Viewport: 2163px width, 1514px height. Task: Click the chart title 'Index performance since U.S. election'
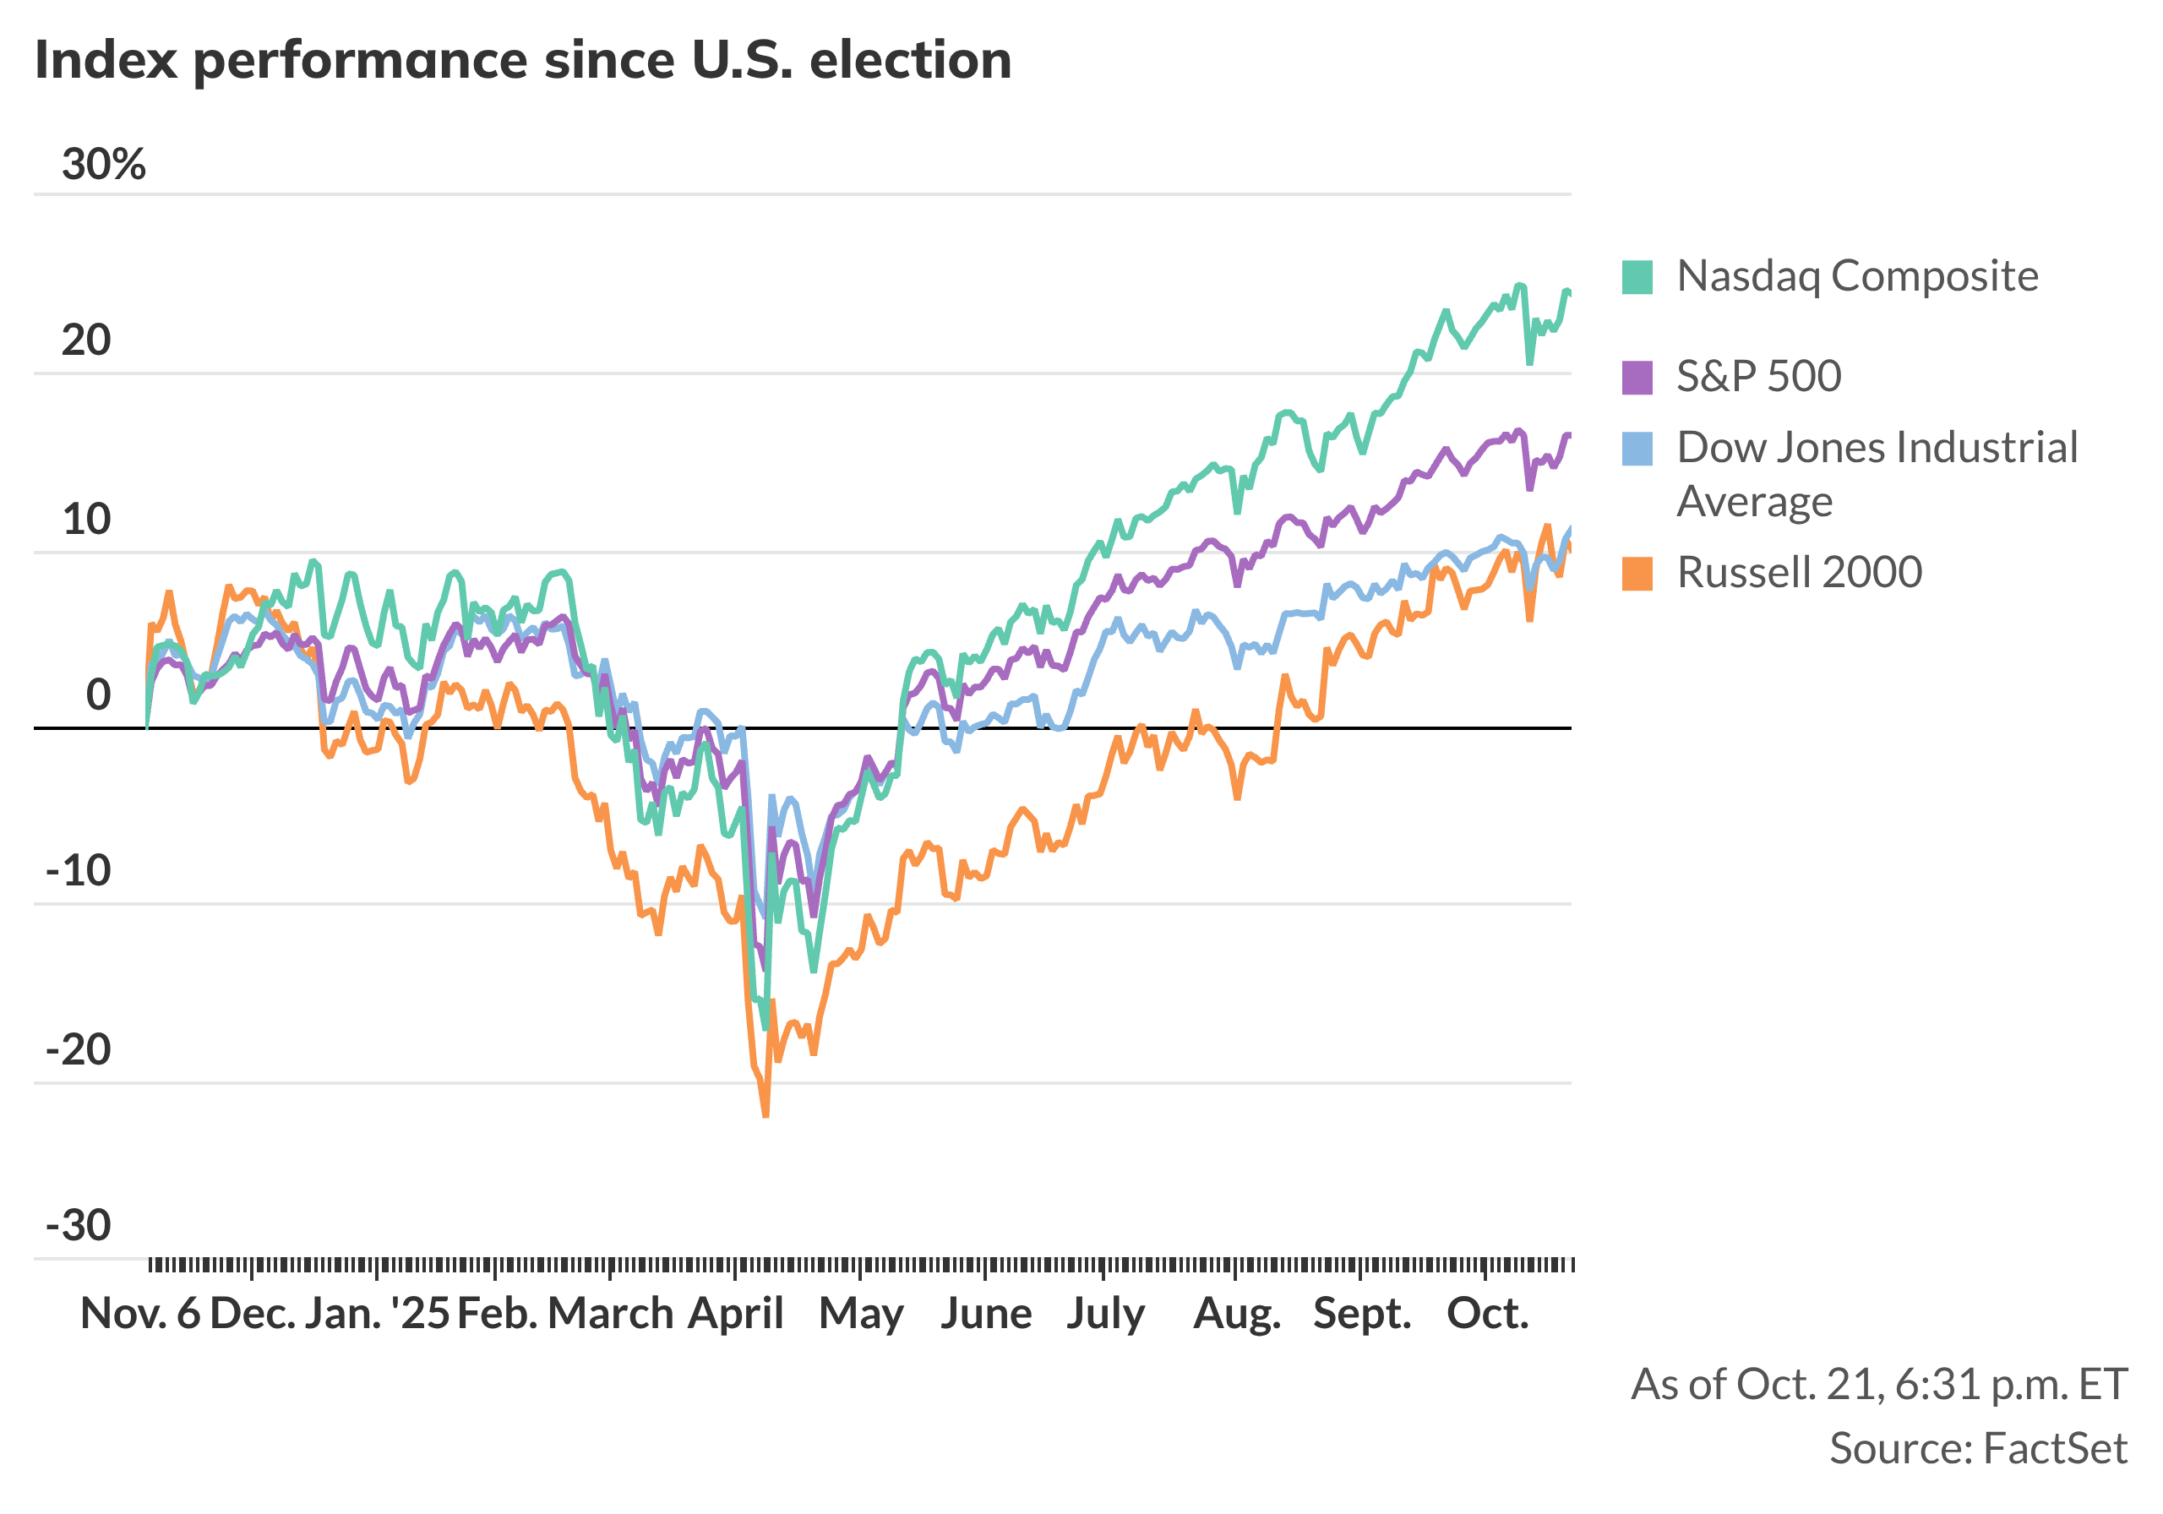523,60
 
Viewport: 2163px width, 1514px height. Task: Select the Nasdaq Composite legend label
1856,276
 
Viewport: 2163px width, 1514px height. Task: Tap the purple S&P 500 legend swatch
1637,377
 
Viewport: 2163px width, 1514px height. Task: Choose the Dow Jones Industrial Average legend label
1876,473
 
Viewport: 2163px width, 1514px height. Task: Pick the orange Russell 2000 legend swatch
1637,573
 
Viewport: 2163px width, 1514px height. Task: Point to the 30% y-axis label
104,165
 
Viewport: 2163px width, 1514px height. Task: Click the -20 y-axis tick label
79,1049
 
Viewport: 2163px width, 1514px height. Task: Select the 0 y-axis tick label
98,695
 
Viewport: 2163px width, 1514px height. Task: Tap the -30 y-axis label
79,1226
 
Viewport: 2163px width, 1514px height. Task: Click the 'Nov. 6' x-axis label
140,1313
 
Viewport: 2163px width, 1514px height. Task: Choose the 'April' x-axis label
735,1313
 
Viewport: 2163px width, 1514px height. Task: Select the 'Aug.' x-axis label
1236,1313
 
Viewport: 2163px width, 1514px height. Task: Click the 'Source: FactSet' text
1977,1448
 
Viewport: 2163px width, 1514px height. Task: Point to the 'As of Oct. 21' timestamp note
1878,1384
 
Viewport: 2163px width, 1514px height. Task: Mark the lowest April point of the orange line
765,1115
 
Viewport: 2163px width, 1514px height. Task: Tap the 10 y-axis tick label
87,519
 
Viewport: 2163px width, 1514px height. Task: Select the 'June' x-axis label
985,1313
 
